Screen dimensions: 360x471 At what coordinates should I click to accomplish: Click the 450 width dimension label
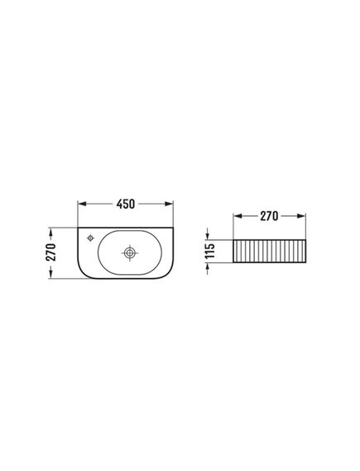[126, 204]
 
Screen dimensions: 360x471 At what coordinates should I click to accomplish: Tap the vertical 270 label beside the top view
[51, 252]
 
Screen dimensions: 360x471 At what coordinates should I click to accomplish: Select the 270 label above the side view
[269, 216]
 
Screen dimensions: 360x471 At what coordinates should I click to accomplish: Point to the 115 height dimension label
[210, 251]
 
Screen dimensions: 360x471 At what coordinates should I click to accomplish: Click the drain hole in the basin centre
[130, 253]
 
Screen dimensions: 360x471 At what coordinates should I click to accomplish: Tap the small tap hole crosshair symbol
[90, 238]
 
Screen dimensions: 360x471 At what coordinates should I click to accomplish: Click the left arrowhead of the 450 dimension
[82, 204]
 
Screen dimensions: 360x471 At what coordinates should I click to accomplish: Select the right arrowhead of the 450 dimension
[169, 204]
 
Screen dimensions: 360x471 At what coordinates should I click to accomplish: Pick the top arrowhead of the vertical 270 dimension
[50, 233]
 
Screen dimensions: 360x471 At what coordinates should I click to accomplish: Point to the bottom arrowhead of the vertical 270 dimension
[50, 274]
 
